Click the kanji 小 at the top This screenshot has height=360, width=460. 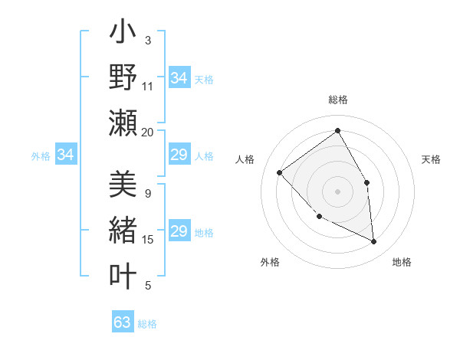click(123, 35)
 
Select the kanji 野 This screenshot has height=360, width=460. click(123, 78)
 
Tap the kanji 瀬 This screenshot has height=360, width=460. click(123, 123)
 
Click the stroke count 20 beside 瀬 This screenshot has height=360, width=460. click(147, 132)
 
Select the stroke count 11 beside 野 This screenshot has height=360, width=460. click(147, 87)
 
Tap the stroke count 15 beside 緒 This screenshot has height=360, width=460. click(147, 240)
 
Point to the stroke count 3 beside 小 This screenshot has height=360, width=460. click(147, 41)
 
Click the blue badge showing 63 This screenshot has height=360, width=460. click(123, 322)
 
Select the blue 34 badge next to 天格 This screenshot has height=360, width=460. click(179, 78)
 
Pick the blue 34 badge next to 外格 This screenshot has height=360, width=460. click(66, 155)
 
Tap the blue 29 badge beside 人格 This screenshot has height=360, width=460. click(179, 155)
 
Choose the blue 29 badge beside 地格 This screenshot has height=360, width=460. click(179, 232)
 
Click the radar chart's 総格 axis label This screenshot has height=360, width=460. click(337, 100)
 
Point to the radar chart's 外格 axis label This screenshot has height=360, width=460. click(270, 262)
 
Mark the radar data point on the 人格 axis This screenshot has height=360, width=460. click(280, 172)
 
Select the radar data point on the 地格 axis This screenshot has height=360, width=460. click(374, 242)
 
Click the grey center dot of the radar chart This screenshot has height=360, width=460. click(337, 191)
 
